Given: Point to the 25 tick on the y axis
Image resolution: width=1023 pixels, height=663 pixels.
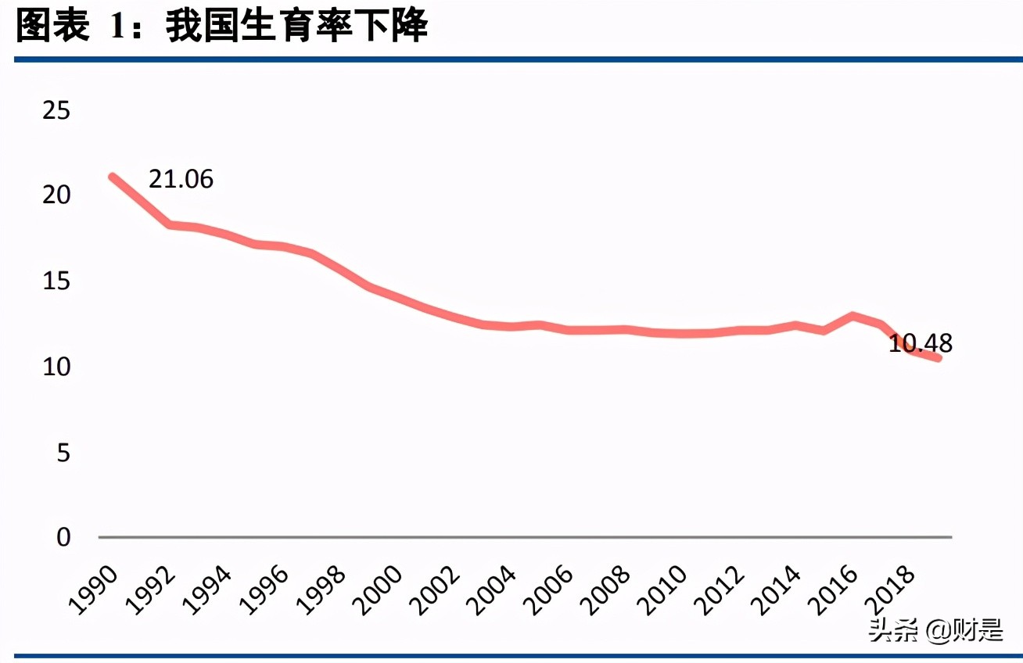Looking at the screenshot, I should pos(57,111).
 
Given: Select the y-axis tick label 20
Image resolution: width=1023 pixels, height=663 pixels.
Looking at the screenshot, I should pos(57,195).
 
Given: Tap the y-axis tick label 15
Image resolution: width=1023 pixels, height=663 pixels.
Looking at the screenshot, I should pos(57,281).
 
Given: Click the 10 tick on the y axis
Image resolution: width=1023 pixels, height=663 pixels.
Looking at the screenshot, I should pos(57,367).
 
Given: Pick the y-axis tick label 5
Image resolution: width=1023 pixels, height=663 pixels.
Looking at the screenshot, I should pos(63,452).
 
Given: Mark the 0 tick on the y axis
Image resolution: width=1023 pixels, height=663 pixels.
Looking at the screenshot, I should pos(63,537).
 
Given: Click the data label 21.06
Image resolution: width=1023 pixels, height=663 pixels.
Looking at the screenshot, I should pos(181,179).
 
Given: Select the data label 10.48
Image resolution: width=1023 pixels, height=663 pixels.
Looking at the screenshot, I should pos(920,343).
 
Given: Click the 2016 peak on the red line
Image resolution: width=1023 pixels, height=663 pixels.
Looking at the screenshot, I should pos(852,316).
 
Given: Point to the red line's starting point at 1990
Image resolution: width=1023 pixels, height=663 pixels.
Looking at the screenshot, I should pos(113,177).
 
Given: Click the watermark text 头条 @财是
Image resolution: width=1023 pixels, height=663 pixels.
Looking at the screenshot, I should pos(935,630).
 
